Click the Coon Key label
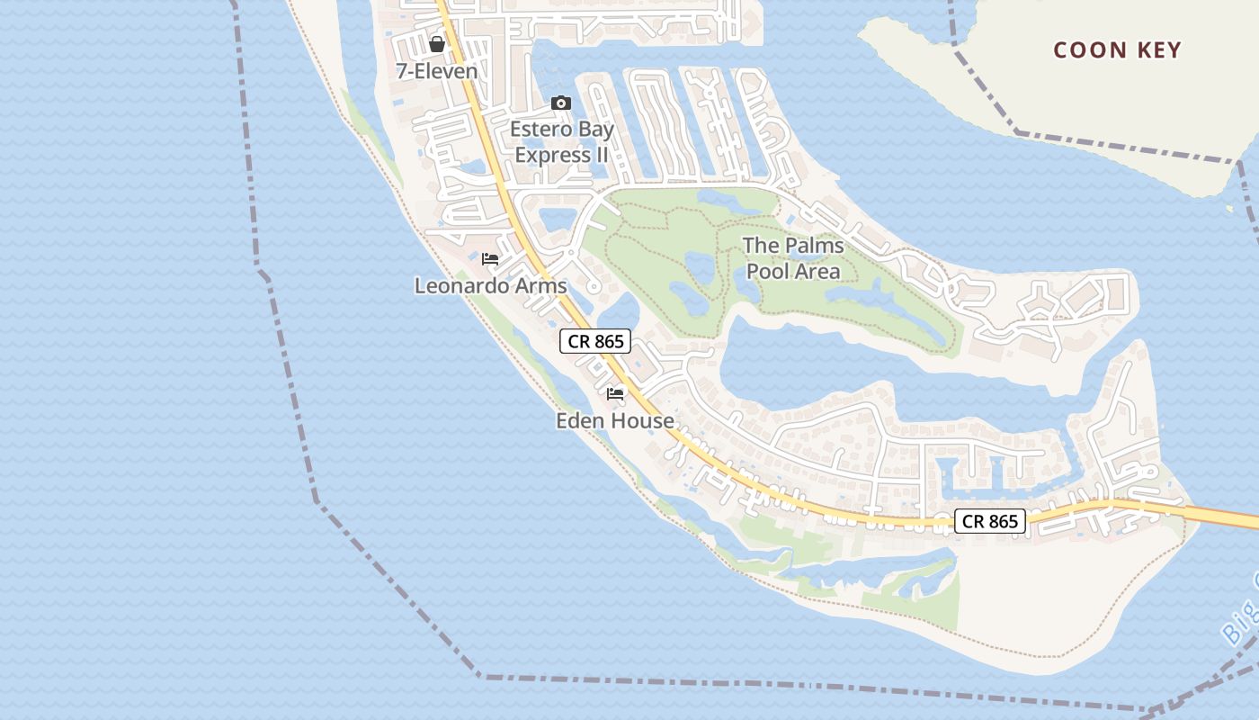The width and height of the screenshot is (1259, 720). click(1117, 49)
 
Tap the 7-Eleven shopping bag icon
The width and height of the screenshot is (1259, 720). click(437, 44)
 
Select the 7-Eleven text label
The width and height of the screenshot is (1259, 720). click(437, 70)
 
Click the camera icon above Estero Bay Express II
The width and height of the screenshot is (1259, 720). click(561, 103)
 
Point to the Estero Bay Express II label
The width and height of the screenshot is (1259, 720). click(562, 142)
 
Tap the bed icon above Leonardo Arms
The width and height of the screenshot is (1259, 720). click(490, 259)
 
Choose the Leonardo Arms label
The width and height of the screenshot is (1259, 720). click(491, 286)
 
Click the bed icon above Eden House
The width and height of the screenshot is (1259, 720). click(615, 394)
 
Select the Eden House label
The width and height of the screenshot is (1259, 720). click(615, 420)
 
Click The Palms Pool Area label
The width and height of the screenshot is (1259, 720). click(793, 258)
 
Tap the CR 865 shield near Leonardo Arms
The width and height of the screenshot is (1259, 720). click(595, 341)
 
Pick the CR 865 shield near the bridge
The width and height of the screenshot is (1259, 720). click(989, 521)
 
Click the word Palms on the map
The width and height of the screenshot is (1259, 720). click(811, 245)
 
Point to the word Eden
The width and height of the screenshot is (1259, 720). click(581, 420)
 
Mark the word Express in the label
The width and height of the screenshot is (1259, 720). click(551, 156)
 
